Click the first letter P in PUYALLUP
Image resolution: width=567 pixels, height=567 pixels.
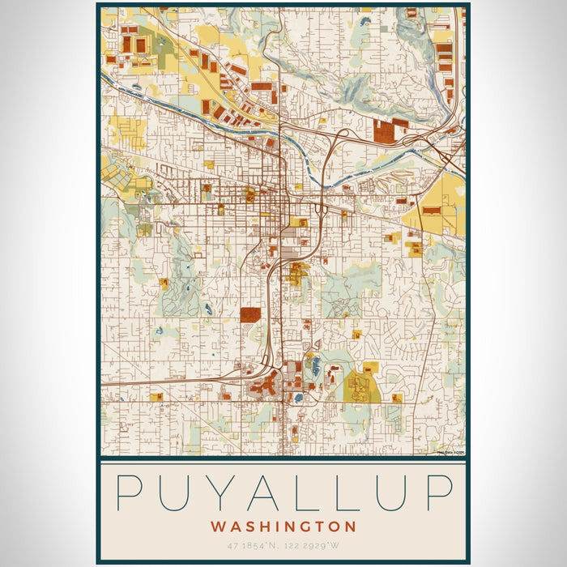pos(132,492)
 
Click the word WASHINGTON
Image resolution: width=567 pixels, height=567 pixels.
pos(283,526)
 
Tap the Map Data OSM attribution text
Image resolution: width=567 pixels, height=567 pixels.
pos(450,453)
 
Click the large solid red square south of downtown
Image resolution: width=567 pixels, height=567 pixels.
pos(250,315)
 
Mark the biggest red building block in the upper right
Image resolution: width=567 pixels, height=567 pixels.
pos(384,130)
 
